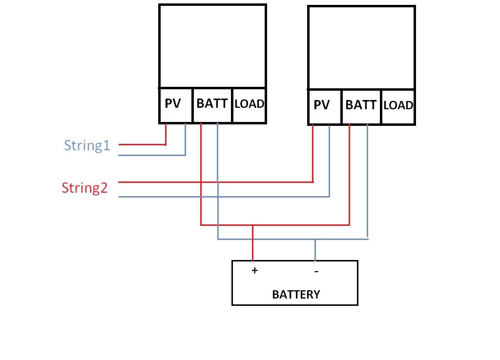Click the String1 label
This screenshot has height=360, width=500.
87,145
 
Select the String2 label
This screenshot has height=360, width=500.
84,188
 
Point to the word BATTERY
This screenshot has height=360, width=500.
296,295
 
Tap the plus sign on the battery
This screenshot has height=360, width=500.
254,270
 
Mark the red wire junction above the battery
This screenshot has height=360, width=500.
252,225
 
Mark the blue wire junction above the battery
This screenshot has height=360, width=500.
315,239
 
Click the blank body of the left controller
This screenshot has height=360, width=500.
212,46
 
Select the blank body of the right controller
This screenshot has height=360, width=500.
361,48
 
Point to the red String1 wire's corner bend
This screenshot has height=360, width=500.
166,144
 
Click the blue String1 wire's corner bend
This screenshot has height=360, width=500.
186,155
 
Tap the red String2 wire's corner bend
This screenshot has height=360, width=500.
313,182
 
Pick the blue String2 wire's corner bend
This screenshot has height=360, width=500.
330,197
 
